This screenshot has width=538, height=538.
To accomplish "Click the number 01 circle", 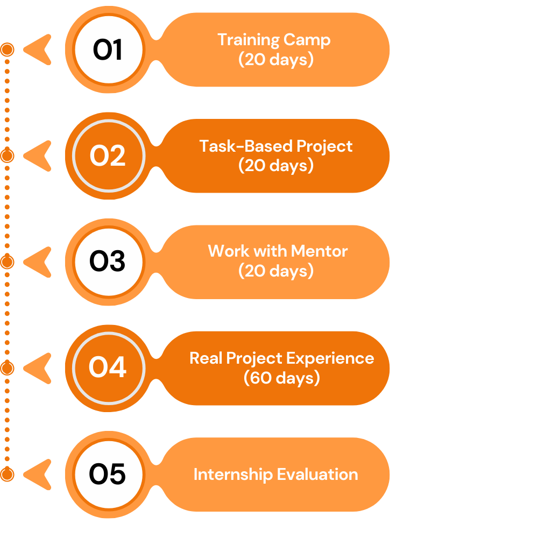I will [x=108, y=50].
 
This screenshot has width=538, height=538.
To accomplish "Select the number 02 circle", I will [x=108, y=156].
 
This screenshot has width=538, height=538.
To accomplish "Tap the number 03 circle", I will [x=108, y=262].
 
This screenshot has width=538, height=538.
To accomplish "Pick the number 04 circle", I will [x=108, y=368].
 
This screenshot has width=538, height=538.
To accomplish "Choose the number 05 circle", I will [x=108, y=475].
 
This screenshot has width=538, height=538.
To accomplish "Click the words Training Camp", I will [x=274, y=40].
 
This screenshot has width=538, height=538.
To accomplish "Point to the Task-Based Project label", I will [x=276, y=146].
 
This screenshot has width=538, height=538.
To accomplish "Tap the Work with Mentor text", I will [x=278, y=251].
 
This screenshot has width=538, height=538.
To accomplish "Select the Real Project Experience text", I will [x=281, y=358].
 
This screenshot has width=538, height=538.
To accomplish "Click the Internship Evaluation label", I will [x=275, y=475].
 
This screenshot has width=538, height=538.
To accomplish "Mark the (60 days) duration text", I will [x=281, y=378].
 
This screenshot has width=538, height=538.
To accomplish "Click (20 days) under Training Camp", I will [x=275, y=59].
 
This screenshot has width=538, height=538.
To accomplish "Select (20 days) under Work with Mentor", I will [x=275, y=271].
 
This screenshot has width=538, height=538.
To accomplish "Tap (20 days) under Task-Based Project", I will [x=275, y=166].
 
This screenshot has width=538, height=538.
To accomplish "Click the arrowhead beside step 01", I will [x=39, y=50].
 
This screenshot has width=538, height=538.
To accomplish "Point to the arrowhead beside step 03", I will [x=39, y=262].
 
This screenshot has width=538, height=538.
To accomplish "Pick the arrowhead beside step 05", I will [x=39, y=475].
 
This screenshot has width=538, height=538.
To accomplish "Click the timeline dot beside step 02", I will [x=7, y=156].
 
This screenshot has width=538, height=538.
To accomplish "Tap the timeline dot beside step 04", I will [x=7, y=368].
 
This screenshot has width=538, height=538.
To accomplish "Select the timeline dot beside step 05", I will [x=7, y=475].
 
